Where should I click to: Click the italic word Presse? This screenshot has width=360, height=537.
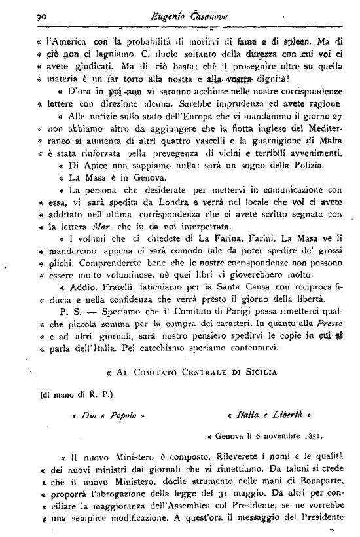329,324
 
